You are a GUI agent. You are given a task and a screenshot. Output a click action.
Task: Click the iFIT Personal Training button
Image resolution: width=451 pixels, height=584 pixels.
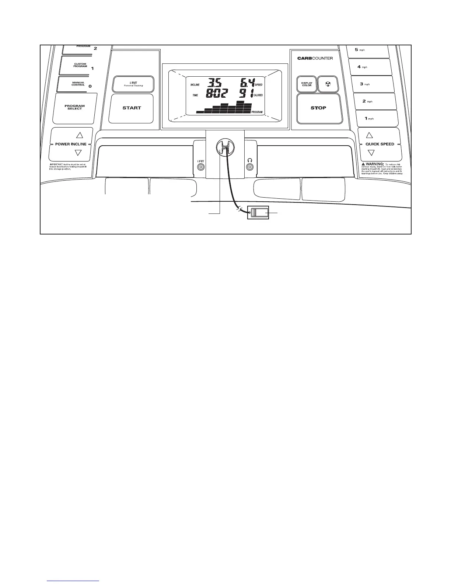pyautogui.click(x=133, y=84)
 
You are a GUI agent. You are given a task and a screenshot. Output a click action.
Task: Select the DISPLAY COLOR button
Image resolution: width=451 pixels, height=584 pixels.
pyautogui.click(x=307, y=84)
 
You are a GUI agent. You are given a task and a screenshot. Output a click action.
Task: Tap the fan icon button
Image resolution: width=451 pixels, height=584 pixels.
pyautogui.click(x=328, y=84)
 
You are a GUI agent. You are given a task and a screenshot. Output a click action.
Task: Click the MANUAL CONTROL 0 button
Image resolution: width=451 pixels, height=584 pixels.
pyautogui.click(x=78, y=84)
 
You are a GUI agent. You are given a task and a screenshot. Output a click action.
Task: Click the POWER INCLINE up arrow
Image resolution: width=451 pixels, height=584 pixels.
pyautogui.click(x=78, y=135)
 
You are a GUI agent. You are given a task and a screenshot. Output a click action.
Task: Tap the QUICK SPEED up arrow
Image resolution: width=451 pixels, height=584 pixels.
pyautogui.click(x=370, y=135)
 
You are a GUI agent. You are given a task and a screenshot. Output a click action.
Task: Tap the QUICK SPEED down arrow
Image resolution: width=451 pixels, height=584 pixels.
pyautogui.click(x=371, y=153)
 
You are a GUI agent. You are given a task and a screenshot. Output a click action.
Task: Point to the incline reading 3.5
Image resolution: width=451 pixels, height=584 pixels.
pyautogui.click(x=213, y=83)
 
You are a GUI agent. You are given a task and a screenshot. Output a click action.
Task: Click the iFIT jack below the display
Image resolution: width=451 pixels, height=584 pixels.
pyautogui.click(x=201, y=167)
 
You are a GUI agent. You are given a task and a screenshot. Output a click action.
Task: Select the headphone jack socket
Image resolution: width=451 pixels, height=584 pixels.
pyautogui.click(x=250, y=167)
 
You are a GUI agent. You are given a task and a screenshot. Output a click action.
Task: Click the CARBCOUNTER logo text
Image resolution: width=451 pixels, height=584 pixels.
pyautogui.click(x=315, y=58)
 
